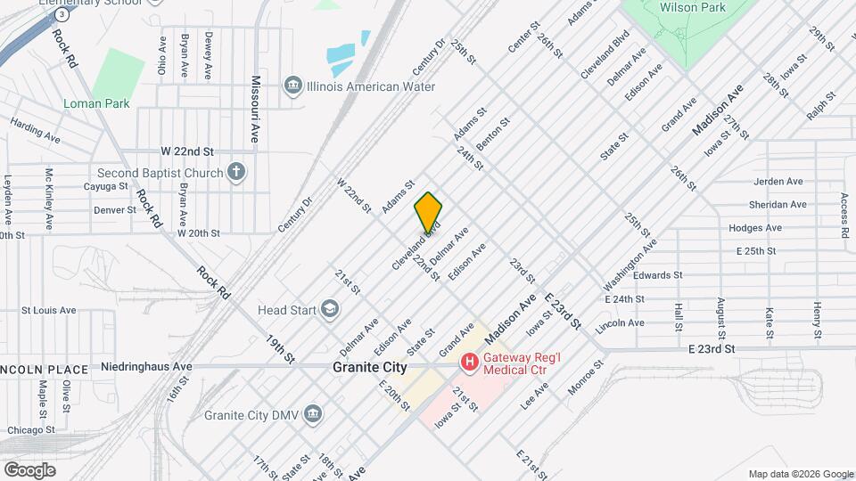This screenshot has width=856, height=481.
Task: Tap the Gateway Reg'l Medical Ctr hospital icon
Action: click(x=467, y=363)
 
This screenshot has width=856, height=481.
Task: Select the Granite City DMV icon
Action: click(x=313, y=414)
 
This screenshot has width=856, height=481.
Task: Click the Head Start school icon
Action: click(x=330, y=310)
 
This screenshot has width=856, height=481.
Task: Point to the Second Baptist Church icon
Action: click(x=236, y=172)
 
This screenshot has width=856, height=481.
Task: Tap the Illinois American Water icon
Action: click(x=292, y=86)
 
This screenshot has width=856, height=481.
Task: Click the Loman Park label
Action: click(x=96, y=103)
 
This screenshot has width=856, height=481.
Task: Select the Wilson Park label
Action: click(x=692, y=7)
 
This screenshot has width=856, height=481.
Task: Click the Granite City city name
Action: click(x=369, y=367)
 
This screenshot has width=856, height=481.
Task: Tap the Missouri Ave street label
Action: click(x=255, y=109)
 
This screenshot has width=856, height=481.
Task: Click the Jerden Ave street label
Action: click(x=778, y=182)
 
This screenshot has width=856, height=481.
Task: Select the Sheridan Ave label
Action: click(x=778, y=205)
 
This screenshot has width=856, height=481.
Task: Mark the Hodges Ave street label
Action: click(x=754, y=228)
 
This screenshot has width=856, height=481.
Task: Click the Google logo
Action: click(x=29, y=469)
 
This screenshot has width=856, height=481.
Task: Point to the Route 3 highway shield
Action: click(x=61, y=15)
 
